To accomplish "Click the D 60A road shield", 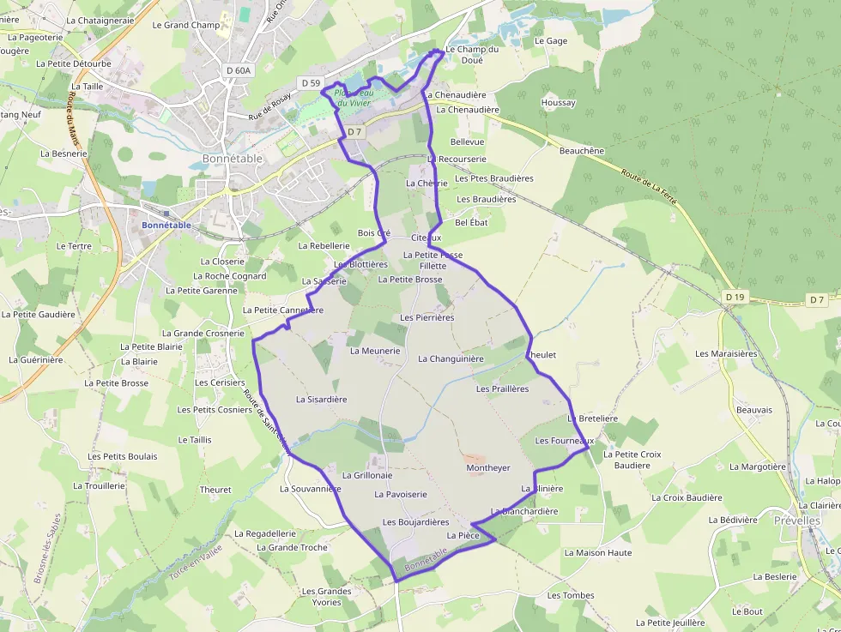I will pos(238,70).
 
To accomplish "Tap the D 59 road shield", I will pos(310,82).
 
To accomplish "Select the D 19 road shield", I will pos(735,297).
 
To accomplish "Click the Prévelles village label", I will pos(796,521).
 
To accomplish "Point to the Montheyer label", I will pos(487,468).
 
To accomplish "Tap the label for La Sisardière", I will pos(321,400).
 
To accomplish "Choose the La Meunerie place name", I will pos(375,351).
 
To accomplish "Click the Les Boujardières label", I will pos(415,522).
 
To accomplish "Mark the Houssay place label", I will pos(558,103).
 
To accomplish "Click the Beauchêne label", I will pos(581,151).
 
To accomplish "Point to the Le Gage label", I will pos(551,41).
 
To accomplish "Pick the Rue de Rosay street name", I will pos(269,106).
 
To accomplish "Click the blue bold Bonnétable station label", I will pos(166,226).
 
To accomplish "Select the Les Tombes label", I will pos(571,595).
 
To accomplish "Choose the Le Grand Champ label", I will pos(185,26).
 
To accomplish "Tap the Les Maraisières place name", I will pos(726,353).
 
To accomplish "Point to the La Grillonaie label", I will pos(366,475).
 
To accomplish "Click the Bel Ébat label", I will pos(471,222).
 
